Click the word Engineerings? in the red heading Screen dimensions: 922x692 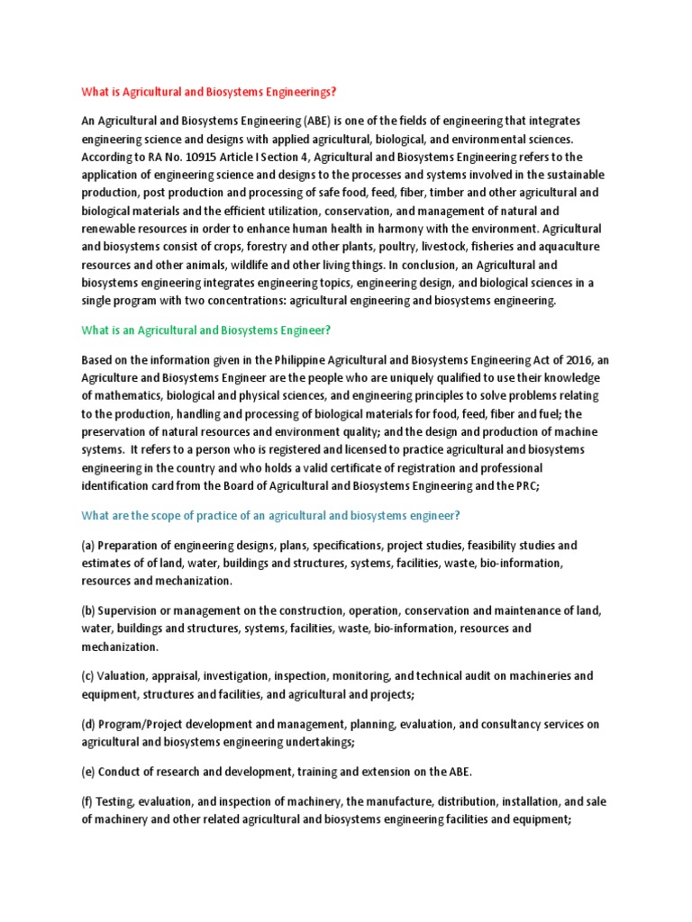[298, 92]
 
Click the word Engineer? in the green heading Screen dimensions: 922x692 [303, 330]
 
